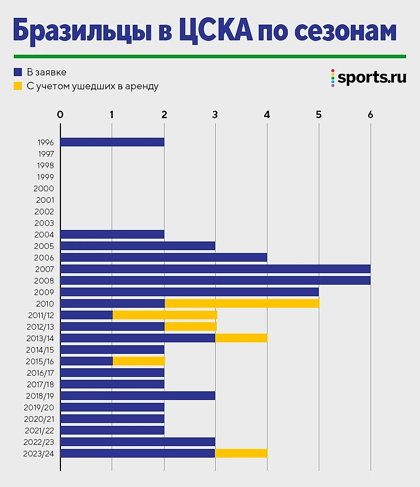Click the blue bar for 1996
[x=112, y=142]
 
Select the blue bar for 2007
[x=215, y=269]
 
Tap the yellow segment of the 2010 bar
[x=241, y=303]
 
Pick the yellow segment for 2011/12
[x=165, y=315]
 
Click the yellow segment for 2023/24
[x=241, y=453]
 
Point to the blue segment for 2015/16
[x=86, y=361]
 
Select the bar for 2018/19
[x=138, y=395]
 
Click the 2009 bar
[x=189, y=292]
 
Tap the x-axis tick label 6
[x=370, y=114]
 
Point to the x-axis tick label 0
[x=60, y=114]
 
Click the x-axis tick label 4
[x=267, y=114]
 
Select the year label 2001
[x=44, y=200]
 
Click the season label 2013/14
[x=40, y=338]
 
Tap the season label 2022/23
[x=40, y=442]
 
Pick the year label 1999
[x=44, y=177]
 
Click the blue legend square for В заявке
[x=18, y=72]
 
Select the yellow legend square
[x=18, y=86]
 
